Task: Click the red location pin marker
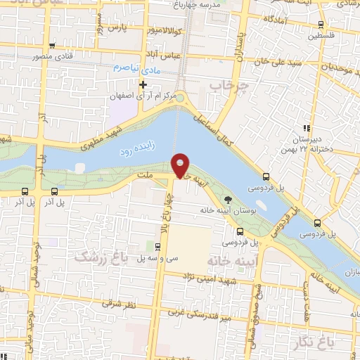181,165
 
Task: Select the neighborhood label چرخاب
224,85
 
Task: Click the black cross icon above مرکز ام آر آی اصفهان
143,85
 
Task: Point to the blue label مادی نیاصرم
136,68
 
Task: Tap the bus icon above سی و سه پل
157,247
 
